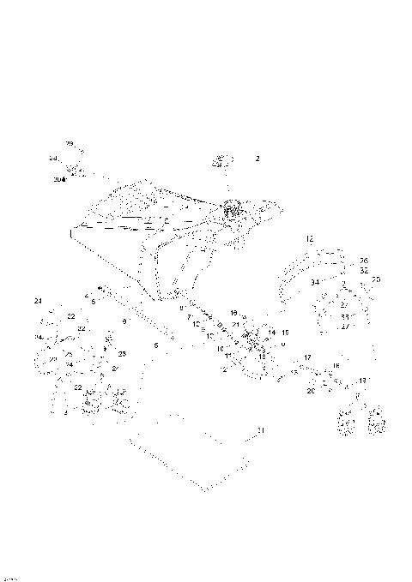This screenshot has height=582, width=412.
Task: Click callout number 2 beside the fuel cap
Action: pos(257,159)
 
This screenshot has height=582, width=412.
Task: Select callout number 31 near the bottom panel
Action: pos(262,429)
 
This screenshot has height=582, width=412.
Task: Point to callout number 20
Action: pos(311,391)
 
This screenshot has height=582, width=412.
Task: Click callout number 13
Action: pos(362,380)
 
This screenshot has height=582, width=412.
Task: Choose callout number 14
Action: pos(272,332)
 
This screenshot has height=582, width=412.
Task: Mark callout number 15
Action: pos(285,332)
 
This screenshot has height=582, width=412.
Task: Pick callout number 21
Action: pos(235,325)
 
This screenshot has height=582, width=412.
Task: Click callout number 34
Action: pos(314,282)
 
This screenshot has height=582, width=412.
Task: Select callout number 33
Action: pos(343,316)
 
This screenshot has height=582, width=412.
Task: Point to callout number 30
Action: pos(58,180)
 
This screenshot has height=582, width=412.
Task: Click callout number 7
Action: pos(189,316)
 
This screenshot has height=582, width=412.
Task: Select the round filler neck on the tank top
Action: pos(232,208)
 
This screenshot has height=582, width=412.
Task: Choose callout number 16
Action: pos(336,366)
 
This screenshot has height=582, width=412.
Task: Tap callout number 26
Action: pos(364,261)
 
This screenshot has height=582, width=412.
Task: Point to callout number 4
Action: pos(87,296)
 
